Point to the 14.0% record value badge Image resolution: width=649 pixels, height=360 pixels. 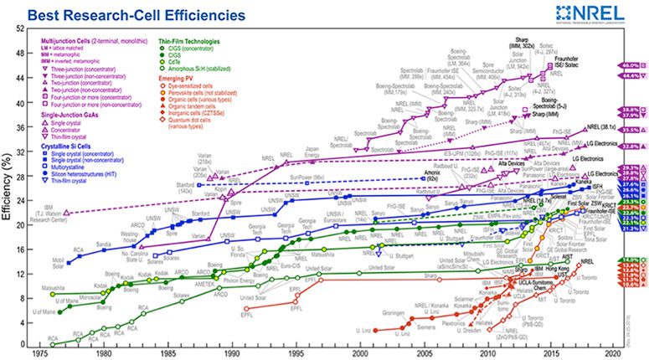632,261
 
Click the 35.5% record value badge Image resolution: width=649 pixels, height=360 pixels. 632,130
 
